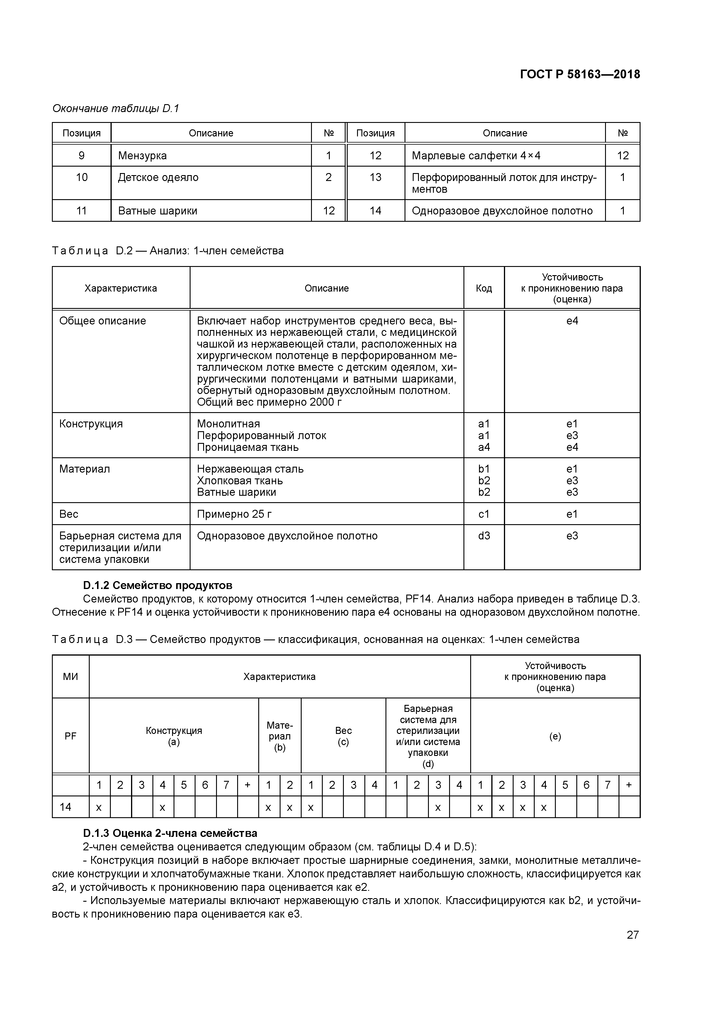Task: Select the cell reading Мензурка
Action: coord(142,155)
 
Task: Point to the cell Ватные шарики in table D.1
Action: coord(158,211)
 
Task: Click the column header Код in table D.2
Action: coord(483,288)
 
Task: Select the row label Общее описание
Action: coord(103,321)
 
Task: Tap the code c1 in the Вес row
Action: coord(484,514)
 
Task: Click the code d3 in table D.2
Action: coord(484,536)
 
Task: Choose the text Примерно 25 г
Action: coord(234,514)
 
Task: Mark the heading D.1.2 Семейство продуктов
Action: coord(158,585)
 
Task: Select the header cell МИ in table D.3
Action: coord(70,677)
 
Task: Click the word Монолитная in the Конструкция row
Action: coord(228,424)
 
